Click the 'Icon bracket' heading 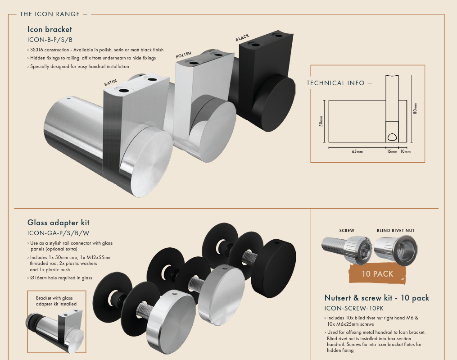click(x=50, y=30)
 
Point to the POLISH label click(x=183, y=55)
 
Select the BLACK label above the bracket click(x=242, y=38)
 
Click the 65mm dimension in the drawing click(x=357, y=151)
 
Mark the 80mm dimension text click(x=415, y=109)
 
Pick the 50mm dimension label click(x=321, y=121)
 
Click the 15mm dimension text click(x=392, y=151)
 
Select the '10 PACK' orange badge click(x=377, y=273)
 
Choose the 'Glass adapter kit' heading click(x=59, y=223)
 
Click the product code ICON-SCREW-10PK click(x=354, y=309)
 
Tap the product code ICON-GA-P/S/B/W click(x=58, y=233)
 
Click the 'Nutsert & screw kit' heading click(x=376, y=298)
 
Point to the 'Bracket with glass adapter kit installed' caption click(x=56, y=301)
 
